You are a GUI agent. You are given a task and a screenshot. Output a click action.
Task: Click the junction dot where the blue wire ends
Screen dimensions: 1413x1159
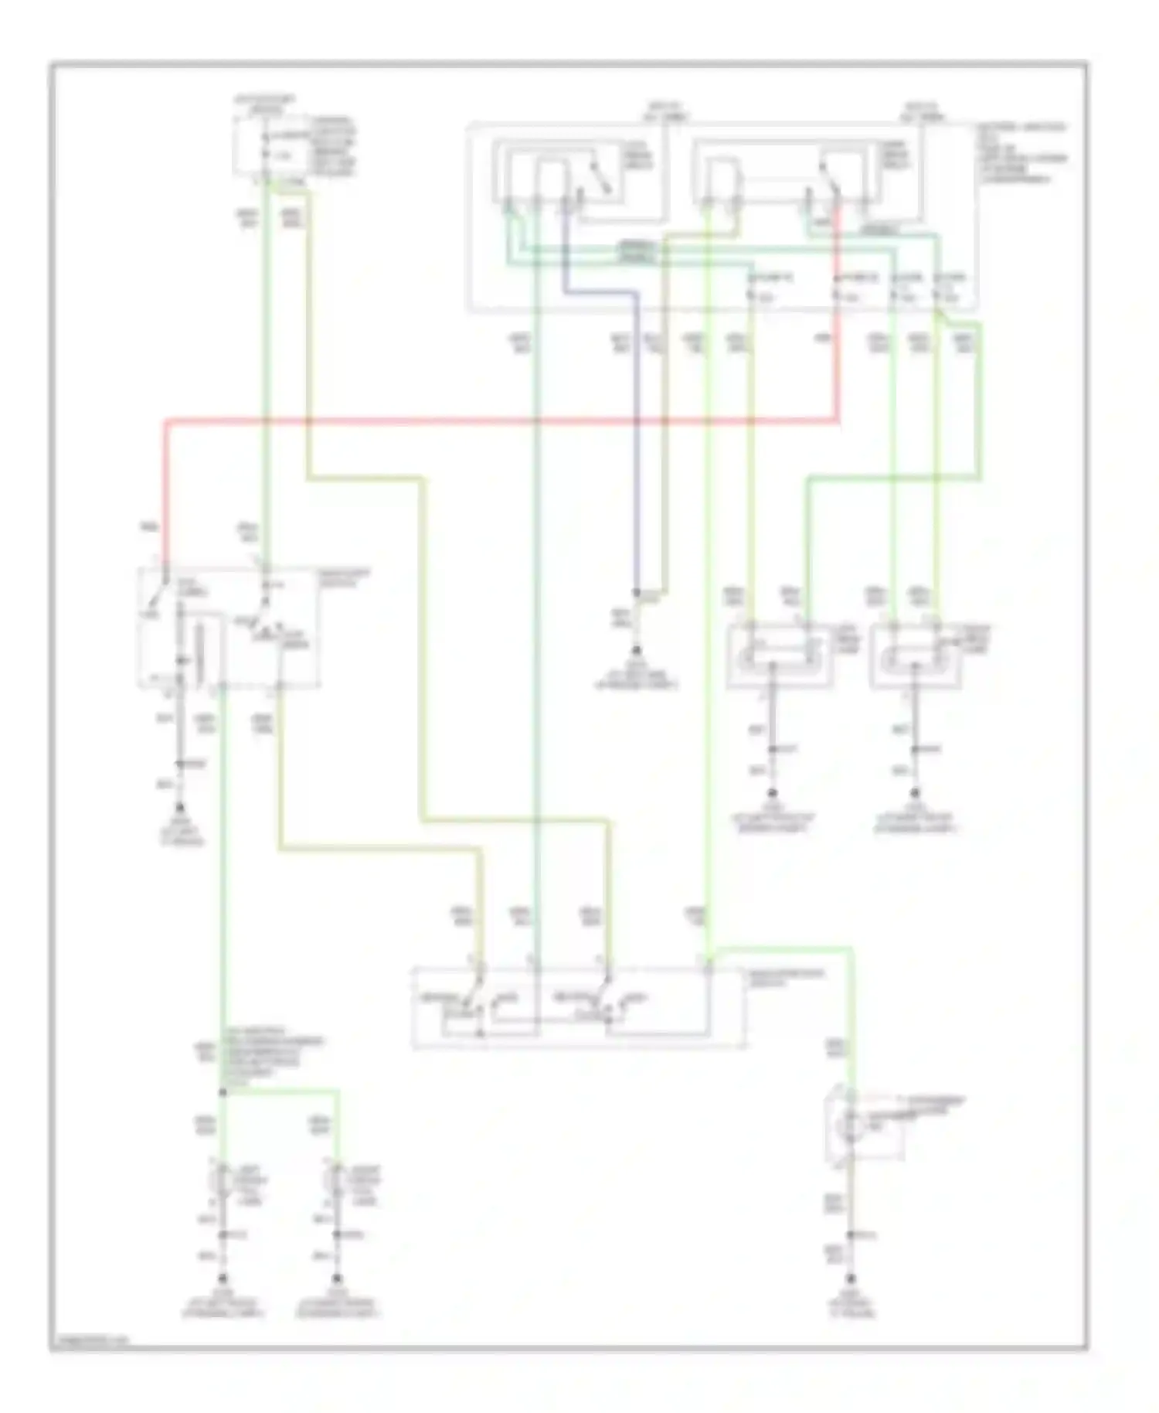click(636, 594)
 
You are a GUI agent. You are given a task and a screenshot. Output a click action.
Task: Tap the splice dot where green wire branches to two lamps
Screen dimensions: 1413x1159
click(223, 1091)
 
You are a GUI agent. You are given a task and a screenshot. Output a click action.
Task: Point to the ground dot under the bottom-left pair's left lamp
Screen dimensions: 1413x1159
click(223, 1277)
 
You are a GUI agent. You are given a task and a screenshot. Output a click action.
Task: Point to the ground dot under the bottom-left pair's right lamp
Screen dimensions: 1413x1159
click(336, 1277)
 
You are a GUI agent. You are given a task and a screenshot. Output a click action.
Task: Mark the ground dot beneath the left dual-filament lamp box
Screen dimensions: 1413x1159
click(771, 794)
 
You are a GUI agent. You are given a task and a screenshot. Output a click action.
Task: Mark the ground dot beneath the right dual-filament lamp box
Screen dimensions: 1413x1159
click(915, 794)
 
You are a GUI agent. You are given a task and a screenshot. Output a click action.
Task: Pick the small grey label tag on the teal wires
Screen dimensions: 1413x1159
click(637, 251)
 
